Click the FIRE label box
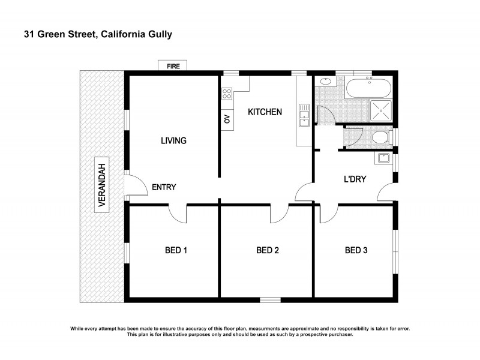[173, 66]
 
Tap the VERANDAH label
[102, 185]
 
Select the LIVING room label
[173, 141]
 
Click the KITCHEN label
[265, 112]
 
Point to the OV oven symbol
[227, 119]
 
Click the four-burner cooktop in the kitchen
[227, 93]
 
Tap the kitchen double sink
[304, 116]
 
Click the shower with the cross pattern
[380, 110]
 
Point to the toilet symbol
[380, 138]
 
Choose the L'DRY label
[355, 179]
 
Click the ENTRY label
[164, 187]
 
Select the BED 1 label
[176, 250]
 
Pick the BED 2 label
[268, 250]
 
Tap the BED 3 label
[356, 250]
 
